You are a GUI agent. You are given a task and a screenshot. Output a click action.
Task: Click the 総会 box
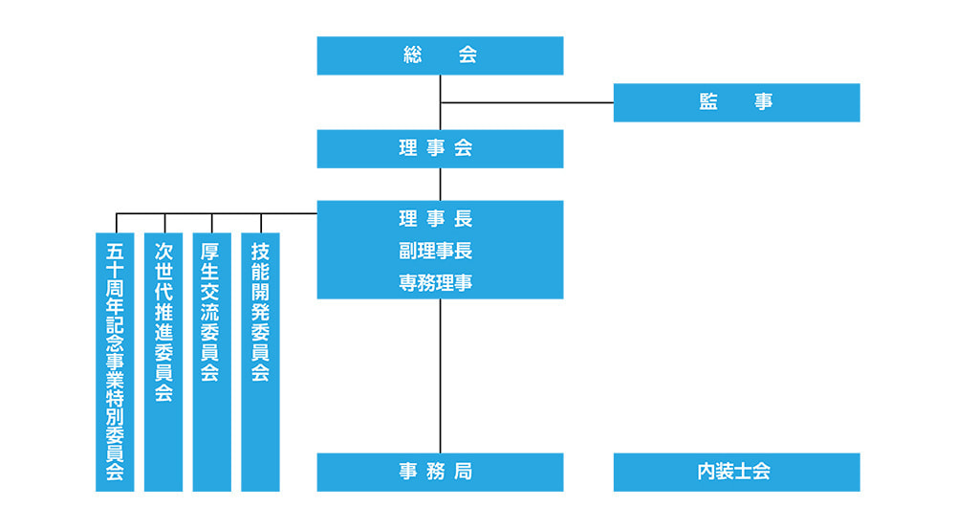440,55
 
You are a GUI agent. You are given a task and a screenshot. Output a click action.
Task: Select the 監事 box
736,102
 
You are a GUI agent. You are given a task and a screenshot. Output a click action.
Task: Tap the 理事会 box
440,148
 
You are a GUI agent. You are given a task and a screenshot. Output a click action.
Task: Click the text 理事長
436,219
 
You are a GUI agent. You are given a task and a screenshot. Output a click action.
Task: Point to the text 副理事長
436,252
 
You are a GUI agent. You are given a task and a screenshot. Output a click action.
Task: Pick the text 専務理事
436,283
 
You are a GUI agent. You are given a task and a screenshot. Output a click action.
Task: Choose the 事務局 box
440,472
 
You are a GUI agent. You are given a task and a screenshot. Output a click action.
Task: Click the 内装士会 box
736,472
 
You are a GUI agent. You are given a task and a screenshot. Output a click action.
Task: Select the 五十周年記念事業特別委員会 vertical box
115,362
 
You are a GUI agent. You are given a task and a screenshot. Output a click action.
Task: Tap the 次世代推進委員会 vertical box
163,362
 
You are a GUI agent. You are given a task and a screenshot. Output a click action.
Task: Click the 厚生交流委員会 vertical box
211,362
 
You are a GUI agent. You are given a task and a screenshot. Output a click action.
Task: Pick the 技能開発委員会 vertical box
260,362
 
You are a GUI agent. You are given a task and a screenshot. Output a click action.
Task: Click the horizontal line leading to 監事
526,102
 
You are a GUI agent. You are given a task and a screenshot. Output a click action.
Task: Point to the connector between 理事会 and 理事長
440,184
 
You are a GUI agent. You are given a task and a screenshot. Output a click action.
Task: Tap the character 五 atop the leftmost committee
115,251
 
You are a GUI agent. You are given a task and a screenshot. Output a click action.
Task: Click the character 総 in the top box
413,55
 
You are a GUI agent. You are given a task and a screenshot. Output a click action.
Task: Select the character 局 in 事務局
464,472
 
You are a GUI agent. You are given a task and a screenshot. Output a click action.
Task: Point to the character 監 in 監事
708,102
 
